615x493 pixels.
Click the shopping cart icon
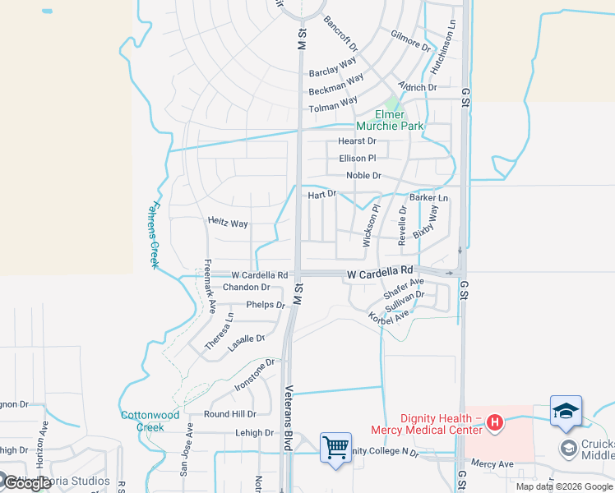click(x=335, y=449)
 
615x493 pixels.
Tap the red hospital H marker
click(x=495, y=423)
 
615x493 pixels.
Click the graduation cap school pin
click(x=566, y=412)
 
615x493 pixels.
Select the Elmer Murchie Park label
click(x=390, y=120)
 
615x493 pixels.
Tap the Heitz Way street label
click(x=228, y=223)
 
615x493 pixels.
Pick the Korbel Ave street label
click(x=388, y=317)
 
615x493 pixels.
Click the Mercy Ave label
click(x=493, y=464)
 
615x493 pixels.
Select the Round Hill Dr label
click(x=229, y=414)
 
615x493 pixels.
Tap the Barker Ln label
click(x=429, y=198)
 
